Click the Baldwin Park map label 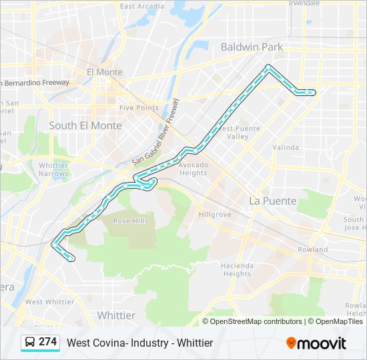pyautogui.click(x=252, y=47)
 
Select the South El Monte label pyautogui.click(x=85, y=125)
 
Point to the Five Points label pyautogui.click(x=139, y=107)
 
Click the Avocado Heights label pyautogui.click(x=194, y=169)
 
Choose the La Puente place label pyautogui.click(x=272, y=200)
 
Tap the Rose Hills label pyautogui.click(x=131, y=221)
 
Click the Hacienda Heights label pyautogui.click(x=237, y=269)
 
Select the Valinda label pyautogui.click(x=286, y=147)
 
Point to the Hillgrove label pyautogui.click(x=215, y=215)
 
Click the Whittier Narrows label pyautogui.click(x=53, y=169)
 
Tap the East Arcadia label pyautogui.click(x=141, y=6)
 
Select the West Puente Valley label pyautogui.click(x=234, y=132)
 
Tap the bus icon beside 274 pyautogui.click(x=29, y=343)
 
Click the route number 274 pyautogui.click(x=47, y=342)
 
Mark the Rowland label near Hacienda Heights pyautogui.click(x=312, y=249)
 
